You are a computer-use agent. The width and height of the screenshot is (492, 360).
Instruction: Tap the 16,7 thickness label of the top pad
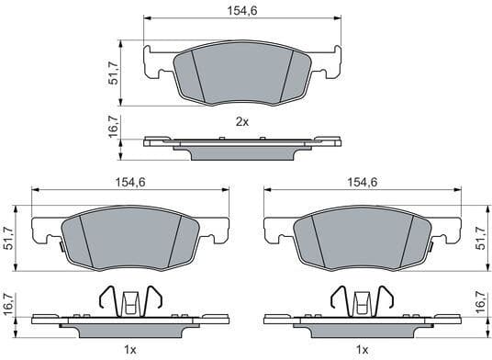click(x=115, y=126)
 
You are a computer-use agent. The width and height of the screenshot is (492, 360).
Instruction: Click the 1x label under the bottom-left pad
click(x=129, y=350)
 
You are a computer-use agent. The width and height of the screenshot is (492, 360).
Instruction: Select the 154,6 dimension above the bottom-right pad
click(x=361, y=182)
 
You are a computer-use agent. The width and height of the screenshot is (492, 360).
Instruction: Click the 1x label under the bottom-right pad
click(x=361, y=350)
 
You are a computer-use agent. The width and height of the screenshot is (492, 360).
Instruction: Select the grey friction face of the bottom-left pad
click(x=129, y=240)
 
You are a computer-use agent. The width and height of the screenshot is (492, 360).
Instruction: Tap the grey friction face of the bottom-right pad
click(x=361, y=240)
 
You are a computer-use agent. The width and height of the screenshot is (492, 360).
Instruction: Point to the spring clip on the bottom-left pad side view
click(x=129, y=298)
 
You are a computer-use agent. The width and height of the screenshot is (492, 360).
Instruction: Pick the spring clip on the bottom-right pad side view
click(x=361, y=298)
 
